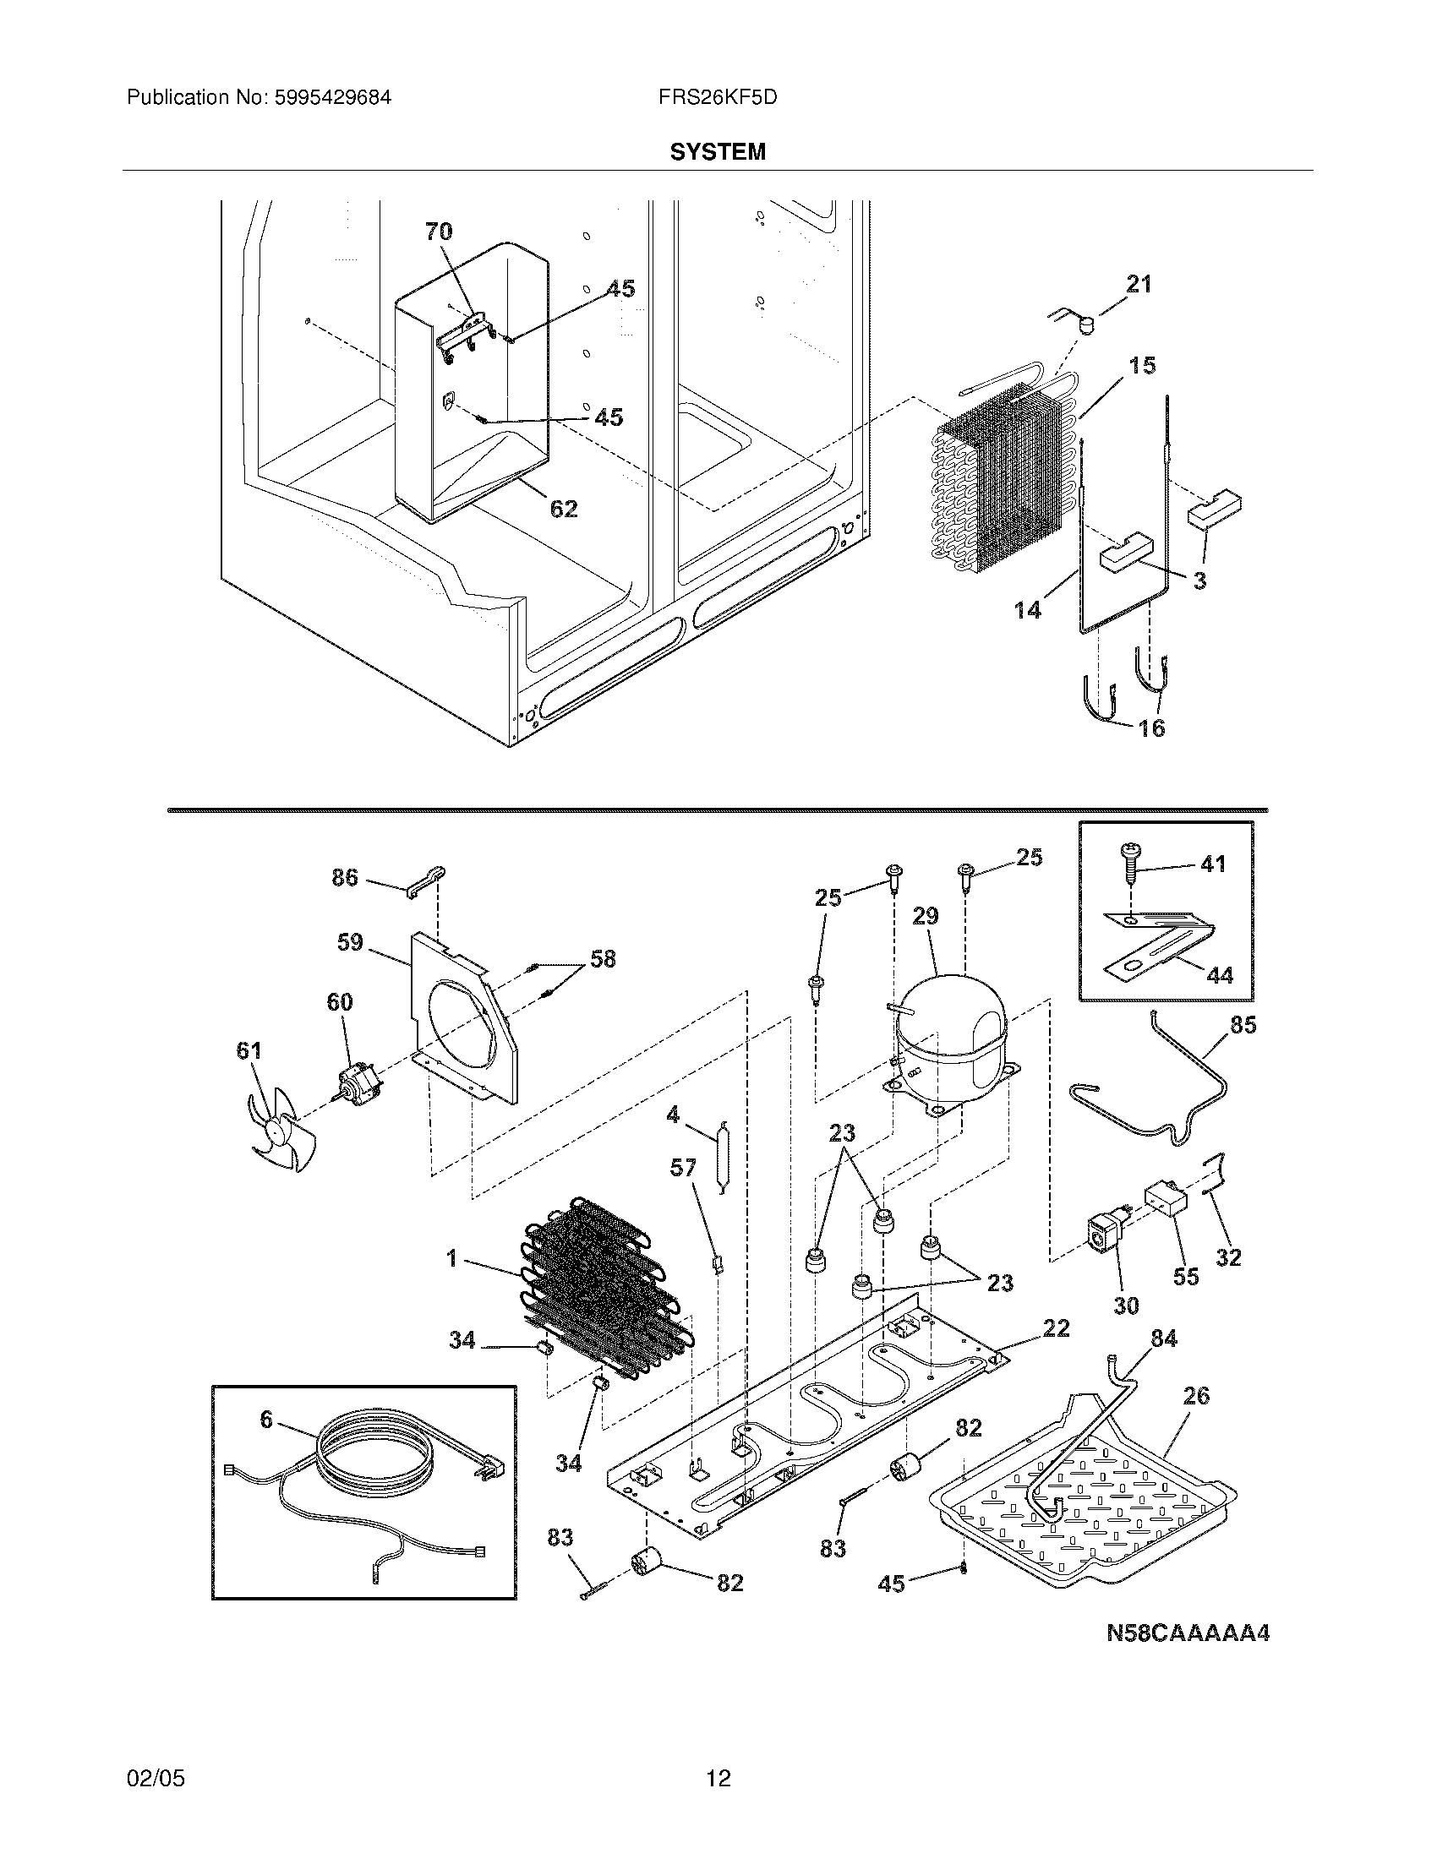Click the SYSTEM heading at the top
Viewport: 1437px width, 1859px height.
click(717, 151)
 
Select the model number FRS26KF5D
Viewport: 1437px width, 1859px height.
click(717, 97)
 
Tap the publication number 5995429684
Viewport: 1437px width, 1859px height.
click(332, 97)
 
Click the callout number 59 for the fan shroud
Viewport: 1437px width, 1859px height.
click(349, 942)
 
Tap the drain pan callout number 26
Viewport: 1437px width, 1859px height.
click(1195, 1395)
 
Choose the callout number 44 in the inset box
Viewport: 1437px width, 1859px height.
click(1219, 974)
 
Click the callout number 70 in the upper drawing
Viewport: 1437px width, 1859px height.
click(439, 231)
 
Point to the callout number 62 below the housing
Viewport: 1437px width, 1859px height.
click(563, 509)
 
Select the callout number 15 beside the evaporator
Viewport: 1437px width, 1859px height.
click(1142, 365)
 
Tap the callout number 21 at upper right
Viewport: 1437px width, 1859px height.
click(1139, 284)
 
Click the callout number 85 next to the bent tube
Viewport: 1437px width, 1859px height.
click(1242, 1025)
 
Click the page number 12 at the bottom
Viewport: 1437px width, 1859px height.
click(718, 1778)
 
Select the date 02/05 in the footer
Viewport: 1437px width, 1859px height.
click(155, 1778)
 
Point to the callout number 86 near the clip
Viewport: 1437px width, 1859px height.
click(344, 878)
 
